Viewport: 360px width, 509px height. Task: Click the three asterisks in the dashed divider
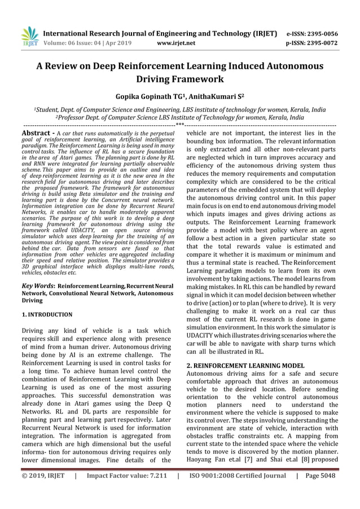click(179, 125)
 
